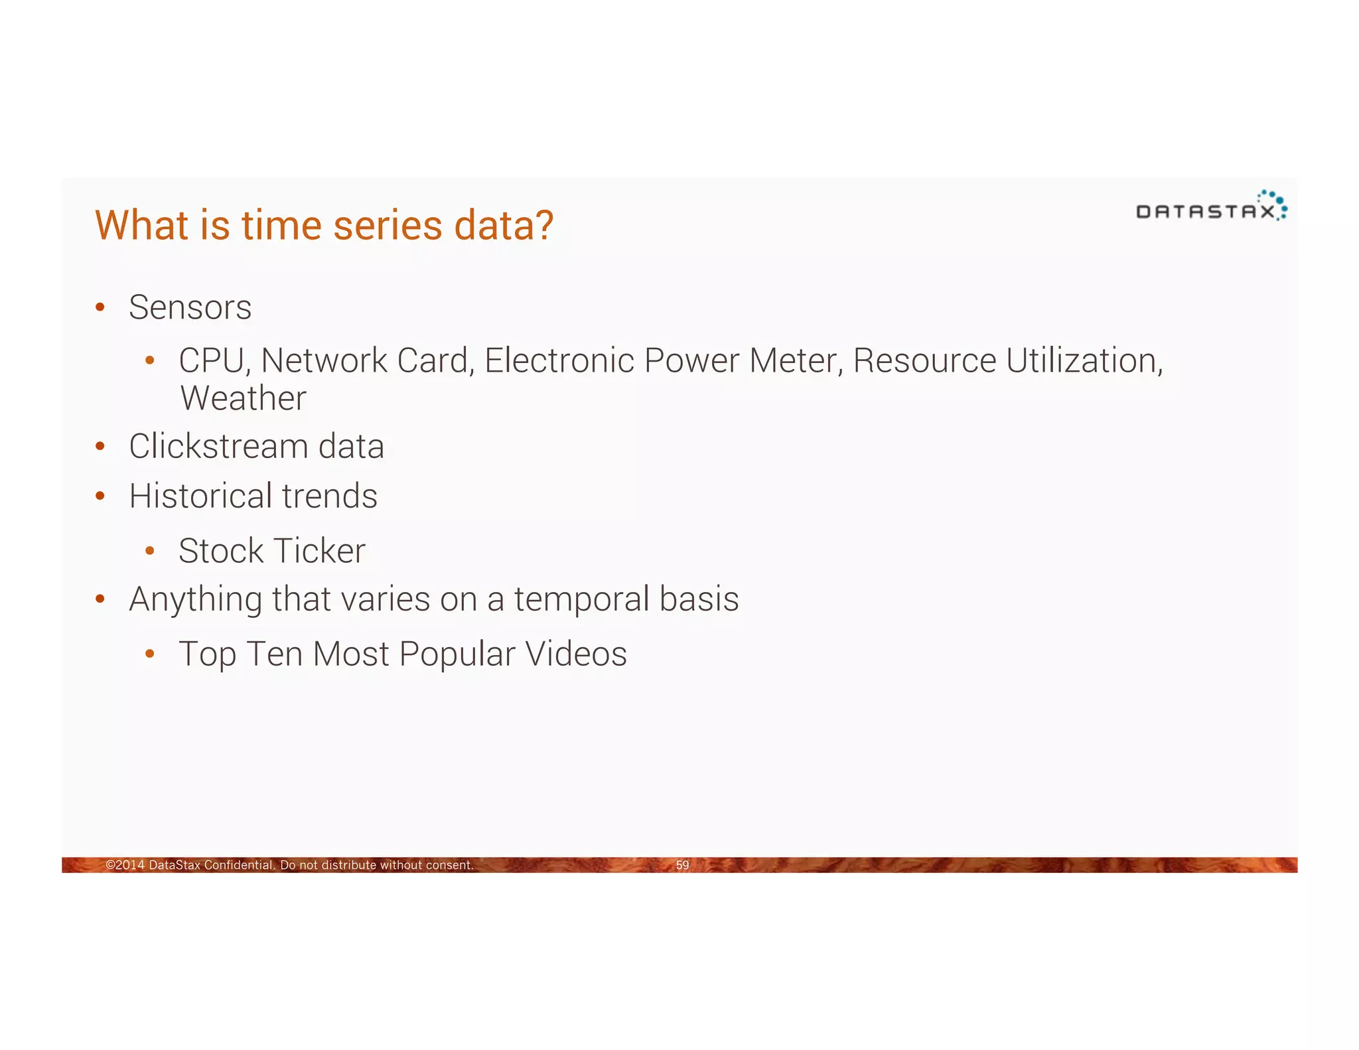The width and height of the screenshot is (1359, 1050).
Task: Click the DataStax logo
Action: click(1211, 207)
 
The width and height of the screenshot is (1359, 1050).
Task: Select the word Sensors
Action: click(190, 307)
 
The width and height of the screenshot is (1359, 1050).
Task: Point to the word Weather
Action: click(243, 398)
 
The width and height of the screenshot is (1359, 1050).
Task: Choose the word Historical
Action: click(200, 496)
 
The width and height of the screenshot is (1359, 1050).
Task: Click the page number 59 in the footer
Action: click(682, 865)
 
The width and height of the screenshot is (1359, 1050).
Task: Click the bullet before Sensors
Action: click(100, 307)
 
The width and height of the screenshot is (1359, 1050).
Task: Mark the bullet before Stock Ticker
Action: click(150, 551)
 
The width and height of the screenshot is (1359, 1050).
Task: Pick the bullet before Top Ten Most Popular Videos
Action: click(150, 654)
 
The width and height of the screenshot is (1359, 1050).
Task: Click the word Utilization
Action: click(1084, 361)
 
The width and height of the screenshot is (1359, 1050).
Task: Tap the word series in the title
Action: click(388, 225)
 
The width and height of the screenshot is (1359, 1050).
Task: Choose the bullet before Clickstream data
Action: click(100, 446)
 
